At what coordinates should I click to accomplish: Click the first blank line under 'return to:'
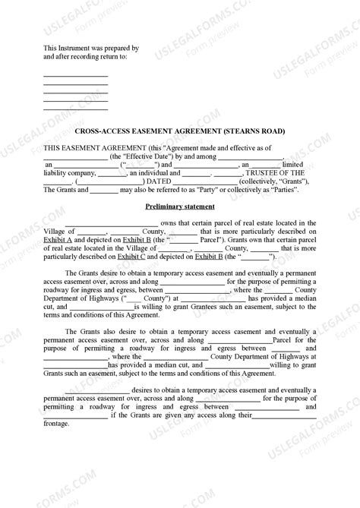[x=75, y=75]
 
